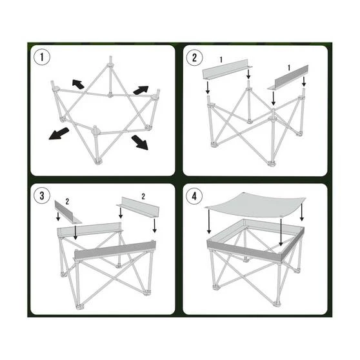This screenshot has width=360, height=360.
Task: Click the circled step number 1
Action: (x=42, y=57)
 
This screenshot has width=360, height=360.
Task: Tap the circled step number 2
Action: (x=194, y=57)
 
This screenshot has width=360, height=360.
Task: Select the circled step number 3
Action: (x=42, y=195)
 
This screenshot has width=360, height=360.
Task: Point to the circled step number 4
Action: (x=194, y=196)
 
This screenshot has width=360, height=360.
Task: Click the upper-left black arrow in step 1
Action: (x=78, y=84)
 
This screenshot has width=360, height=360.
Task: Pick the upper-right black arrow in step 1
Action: (x=141, y=90)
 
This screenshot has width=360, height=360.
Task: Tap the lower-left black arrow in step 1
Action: (x=59, y=134)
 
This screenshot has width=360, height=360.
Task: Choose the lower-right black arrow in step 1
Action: (x=139, y=143)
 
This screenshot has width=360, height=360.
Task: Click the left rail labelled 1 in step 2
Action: (x=227, y=69)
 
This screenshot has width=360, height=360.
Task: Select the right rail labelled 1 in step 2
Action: (x=288, y=77)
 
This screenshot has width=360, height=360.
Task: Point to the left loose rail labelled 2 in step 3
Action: (x=68, y=213)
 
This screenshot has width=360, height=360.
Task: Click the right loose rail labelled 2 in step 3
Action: (x=139, y=207)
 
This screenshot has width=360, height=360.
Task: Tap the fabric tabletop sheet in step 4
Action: (x=255, y=205)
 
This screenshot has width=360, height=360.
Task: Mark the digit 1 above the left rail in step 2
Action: (x=221, y=60)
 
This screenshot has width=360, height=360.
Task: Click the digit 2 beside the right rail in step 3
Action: (x=143, y=197)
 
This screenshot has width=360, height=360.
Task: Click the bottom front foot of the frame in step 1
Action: (x=98, y=162)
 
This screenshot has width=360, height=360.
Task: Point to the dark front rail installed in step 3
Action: (x=115, y=250)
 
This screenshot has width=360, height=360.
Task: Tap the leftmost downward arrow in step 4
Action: (x=208, y=221)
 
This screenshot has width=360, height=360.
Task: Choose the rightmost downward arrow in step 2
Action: (x=304, y=82)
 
